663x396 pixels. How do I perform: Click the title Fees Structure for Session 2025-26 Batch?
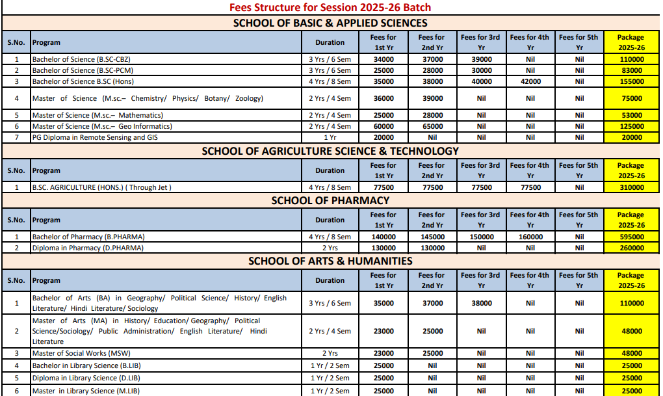click(330, 7)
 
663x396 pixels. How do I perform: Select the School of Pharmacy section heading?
click(330, 200)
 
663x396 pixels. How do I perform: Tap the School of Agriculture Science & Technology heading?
click(330, 151)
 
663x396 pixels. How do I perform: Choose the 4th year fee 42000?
click(530, 81)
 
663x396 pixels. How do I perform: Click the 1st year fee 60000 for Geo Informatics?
click(383, 126)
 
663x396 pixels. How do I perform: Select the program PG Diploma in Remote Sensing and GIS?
click(95, 137)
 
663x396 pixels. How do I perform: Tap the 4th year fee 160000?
click(530, 237)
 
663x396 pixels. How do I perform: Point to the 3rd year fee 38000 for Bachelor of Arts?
click(481, 303)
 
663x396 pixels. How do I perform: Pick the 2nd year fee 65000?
click(432, 126)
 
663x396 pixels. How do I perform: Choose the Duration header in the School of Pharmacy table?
click(330, 220)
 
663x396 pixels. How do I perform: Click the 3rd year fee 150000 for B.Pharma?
click(481, 237)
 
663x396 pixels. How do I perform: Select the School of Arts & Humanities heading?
click(330, 261)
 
